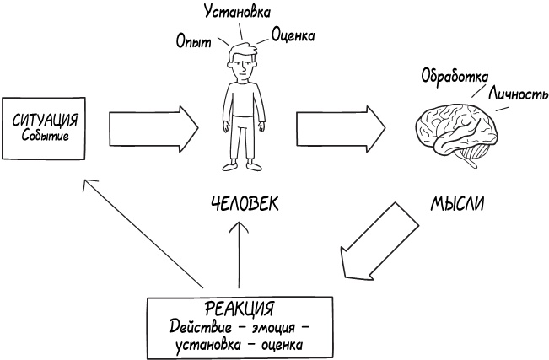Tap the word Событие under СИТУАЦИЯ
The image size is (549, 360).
(x=45, y=136)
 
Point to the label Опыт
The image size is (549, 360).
(x=193, y=40)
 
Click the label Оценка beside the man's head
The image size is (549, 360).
(x=293, y=35)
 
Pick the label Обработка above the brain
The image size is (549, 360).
(x=455, y=75)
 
